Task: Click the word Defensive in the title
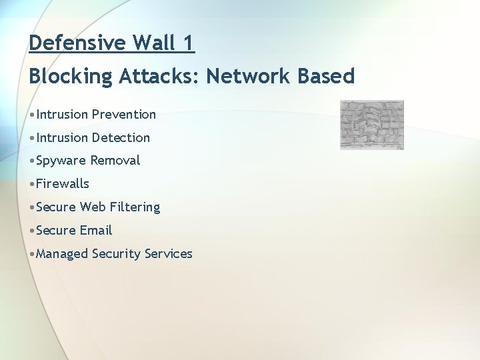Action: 77,43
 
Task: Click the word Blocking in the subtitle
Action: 71,77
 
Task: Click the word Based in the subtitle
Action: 326,77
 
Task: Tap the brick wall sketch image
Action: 372,125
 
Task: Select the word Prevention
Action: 124,114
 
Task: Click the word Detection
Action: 121,137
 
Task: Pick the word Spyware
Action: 61,161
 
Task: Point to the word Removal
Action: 115,161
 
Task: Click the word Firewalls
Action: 63,183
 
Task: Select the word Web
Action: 89,207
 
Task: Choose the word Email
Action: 96,230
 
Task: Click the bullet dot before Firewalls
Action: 32,184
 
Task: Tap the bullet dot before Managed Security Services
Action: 32,254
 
